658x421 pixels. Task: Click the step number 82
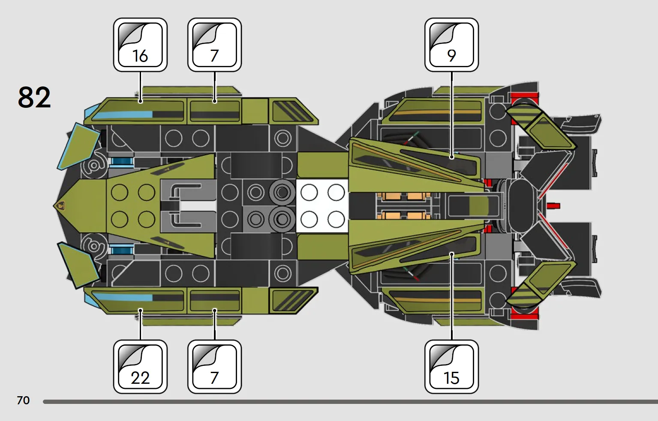click(x=34, y=97)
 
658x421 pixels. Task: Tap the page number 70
click(x=23, y=400)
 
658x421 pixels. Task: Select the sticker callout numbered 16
click(x=141, y=45)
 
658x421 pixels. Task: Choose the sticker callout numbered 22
click(x=141, y=367)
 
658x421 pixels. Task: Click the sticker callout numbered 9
click(x=451, y=45)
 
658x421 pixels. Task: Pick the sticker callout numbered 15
click(x=451, y=367)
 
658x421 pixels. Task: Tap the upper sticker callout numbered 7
click(x=214, y=45)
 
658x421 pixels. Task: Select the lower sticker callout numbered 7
click(x=214, y=367)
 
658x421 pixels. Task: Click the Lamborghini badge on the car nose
click(x=61, y=206)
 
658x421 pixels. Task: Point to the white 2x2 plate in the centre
click(x=322, y=206)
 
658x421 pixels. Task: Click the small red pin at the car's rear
click(x=553, y=206)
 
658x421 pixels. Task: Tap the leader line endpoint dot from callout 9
click(x=452, y=157)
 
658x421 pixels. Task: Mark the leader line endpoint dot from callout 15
click(x=452, y=254)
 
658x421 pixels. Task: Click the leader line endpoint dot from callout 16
click(x=141, y=101)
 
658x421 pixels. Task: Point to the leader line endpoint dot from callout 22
click(x=141, y=310)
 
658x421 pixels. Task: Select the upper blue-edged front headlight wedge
click(x=79, y=146)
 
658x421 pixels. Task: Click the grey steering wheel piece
click(x=188, y=206)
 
